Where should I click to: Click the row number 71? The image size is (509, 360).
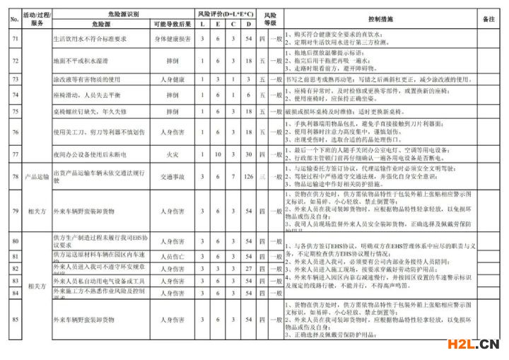[x=14, y=39]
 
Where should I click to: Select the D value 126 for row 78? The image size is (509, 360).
[x=248, y=176]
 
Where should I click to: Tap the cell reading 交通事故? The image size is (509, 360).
[x=170, y=176]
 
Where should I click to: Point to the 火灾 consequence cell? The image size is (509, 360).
[x=170, y=154]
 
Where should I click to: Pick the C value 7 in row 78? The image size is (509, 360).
[x=233, y=176]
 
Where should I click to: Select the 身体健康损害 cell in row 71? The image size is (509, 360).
[x=170, y=39]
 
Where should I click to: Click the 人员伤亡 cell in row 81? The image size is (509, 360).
[x=170, y=256]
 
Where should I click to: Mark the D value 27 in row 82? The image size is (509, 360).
[x=248, y=269]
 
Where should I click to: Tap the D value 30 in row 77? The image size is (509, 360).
[x=248, y=154]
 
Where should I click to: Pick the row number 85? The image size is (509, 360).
[x=14, y=320]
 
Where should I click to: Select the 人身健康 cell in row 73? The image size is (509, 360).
[x=170, y=79]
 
